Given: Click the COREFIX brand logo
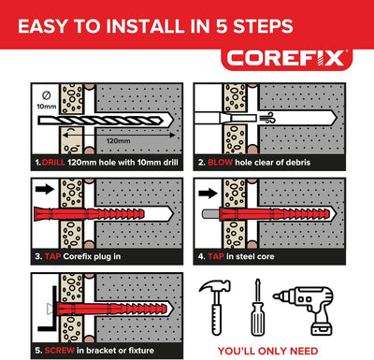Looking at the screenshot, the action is (x=286, y=58).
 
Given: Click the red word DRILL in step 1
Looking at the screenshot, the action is (x=53, y=163).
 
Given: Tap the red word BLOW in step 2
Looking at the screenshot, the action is (x=220, y=163).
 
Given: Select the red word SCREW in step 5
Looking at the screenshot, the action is (x=60, y=351).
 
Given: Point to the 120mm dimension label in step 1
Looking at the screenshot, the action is (x=119, y=141).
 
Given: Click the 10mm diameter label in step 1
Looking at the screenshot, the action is (x=47, y=107).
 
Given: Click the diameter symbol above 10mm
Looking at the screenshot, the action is (x=46, y=95).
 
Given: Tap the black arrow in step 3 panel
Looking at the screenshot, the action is (x=45, y=189).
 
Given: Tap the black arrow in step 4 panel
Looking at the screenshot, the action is (x=208, y=194).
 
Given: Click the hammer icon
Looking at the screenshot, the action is (x=215, y=307).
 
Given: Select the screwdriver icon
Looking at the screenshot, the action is (x=257, y=308).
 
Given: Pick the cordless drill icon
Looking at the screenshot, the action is (x=305, y=310).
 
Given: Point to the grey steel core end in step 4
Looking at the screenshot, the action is (x=210, y=214).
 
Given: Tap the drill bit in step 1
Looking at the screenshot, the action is (x=106, y=121).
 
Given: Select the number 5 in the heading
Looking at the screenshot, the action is (x=221, y=26).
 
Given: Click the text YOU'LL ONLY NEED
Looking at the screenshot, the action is (x=267, y=351).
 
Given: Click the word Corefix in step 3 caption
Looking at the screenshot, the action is (x=78, y=256).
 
